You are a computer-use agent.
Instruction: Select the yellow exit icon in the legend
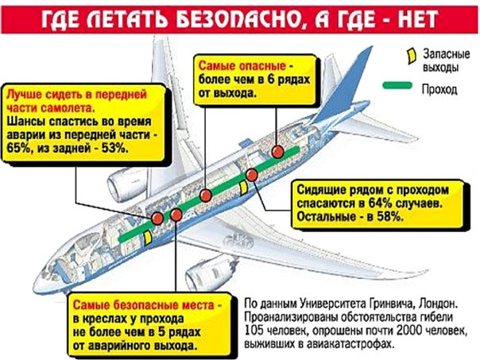point(411,56)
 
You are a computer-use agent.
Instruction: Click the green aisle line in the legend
point(397,85)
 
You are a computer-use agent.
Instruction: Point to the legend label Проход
point(439,89)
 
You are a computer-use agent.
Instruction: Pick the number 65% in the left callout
point(18,149)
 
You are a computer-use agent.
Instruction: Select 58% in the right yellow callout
point(389,217)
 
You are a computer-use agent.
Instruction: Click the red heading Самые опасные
point(242,66)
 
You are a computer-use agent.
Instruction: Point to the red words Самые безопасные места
point(144,305)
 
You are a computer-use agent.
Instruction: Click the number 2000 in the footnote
point(408,330)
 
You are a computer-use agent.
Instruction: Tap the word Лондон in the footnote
point(439,304)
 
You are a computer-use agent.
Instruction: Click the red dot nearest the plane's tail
point(278,152)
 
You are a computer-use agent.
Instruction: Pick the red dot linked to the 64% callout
point(252,175)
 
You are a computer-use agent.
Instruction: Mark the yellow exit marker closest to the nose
point(148,238)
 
